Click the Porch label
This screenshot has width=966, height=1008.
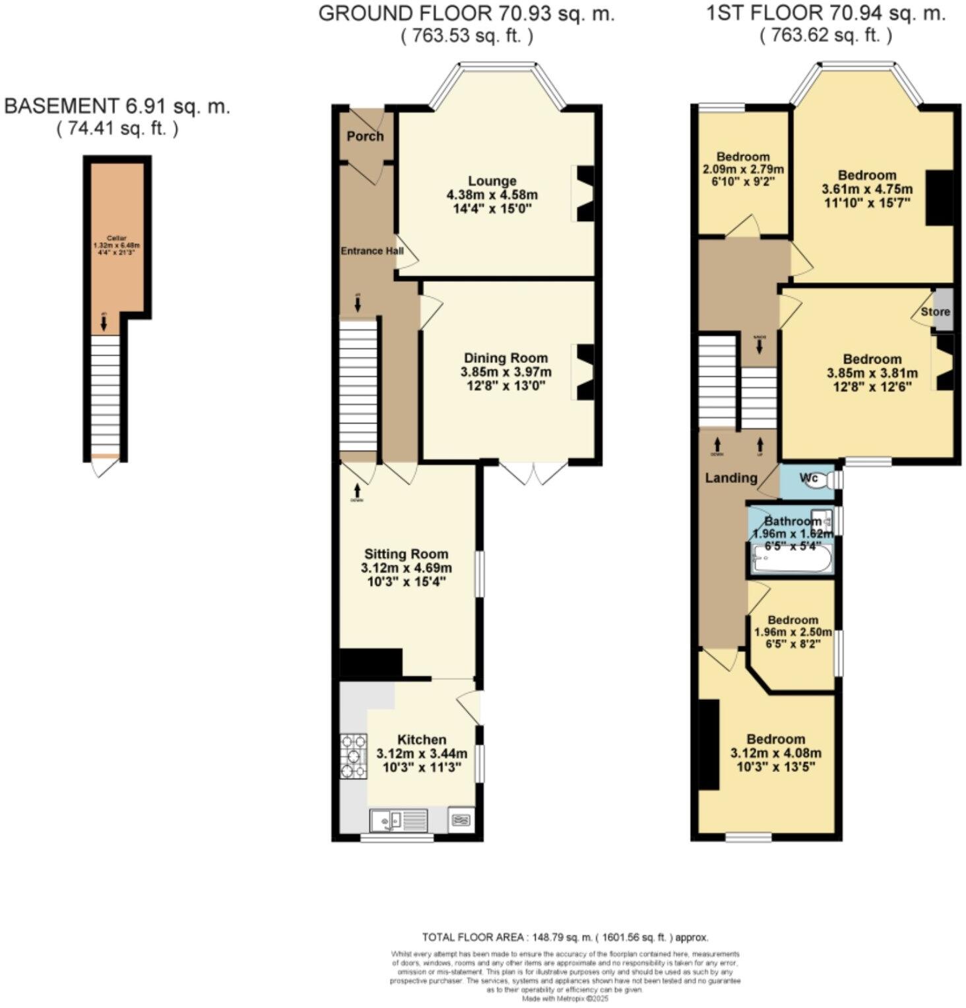pos(365,136)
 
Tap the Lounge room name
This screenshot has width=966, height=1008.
pos(492,181)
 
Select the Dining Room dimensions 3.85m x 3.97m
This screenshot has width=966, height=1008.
pos(505,372)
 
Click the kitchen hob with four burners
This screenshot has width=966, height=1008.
pos(353,757)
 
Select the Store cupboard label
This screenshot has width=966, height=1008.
pos(935,311)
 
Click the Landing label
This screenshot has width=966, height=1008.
pos(731,478)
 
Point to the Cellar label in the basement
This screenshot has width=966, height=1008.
pos(117,238)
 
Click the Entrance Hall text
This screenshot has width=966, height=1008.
pos(371,251)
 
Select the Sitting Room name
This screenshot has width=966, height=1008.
pos(406,554)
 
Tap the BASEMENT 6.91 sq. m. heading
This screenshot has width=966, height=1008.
pos(117,106)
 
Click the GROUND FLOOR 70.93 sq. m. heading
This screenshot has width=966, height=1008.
pos(466,14)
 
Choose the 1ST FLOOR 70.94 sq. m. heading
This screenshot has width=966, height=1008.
pos(825,14)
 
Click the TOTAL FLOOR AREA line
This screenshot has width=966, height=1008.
pos(565,937)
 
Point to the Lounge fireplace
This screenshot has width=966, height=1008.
pos(584,193)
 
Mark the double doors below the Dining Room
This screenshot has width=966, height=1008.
pos(533,472)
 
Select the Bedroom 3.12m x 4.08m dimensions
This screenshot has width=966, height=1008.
pos(775,753)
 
